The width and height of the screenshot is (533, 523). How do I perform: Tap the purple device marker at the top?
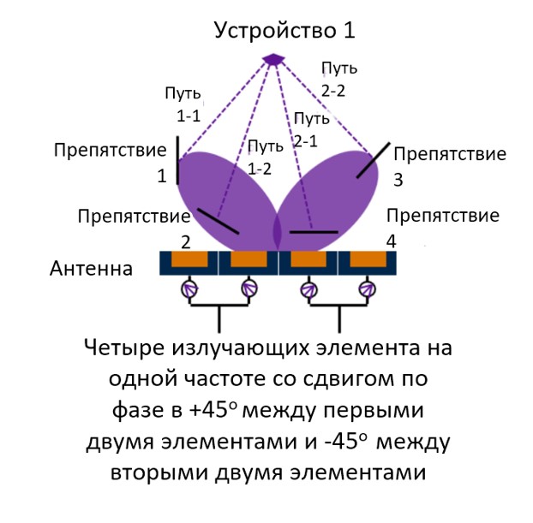pos(273,59)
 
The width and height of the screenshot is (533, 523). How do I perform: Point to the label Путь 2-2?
pos(338,76)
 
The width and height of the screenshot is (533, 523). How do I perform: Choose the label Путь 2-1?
pos(310,128)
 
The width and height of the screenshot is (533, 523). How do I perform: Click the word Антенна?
pos(92,270)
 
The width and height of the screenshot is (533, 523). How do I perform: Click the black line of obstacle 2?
pos(218,220)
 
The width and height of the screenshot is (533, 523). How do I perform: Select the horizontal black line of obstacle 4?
pos(314,231)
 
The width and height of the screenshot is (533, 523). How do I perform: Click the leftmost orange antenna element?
pos(189,259)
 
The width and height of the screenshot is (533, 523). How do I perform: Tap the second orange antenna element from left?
pos(249,259)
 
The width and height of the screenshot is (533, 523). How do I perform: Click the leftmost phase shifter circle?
pos(190,289)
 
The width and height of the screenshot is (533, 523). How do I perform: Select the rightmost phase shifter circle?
pos(368,289)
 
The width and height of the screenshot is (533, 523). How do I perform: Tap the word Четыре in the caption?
pos(129,349)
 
